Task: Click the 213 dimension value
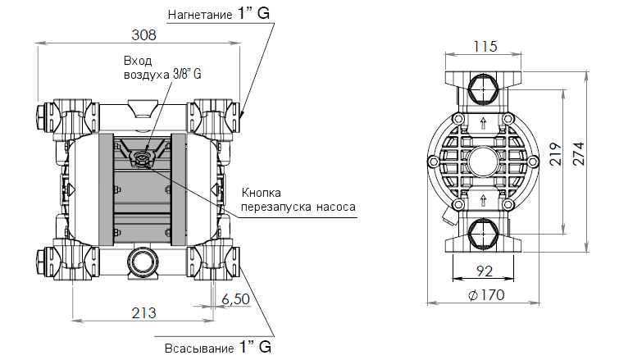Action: (143, 312)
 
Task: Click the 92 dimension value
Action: (484, 271)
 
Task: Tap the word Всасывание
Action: (198, 348)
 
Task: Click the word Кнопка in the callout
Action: (260, 192)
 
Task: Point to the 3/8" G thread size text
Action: (186, 74)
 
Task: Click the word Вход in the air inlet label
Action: (138, 61)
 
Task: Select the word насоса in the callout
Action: (336, 207)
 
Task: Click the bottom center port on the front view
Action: (141, 262)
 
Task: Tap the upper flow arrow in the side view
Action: (483, 124)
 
